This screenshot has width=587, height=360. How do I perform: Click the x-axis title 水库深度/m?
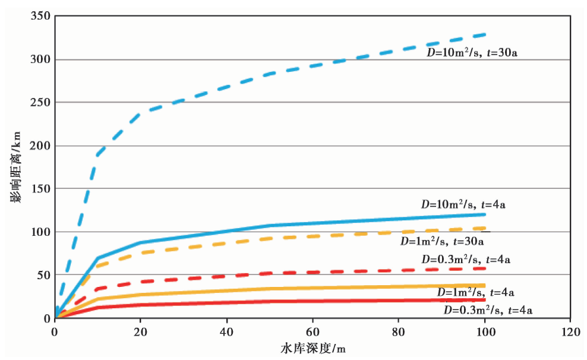coord(313,348)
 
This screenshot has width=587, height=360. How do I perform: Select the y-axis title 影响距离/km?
coord(15,168)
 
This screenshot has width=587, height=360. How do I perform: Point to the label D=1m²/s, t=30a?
coord(442,241)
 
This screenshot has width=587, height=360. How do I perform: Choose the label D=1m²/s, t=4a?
coord(475,292)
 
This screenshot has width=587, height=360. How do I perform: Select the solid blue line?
coord(356,221)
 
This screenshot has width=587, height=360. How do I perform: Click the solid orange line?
coord(356,288)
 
